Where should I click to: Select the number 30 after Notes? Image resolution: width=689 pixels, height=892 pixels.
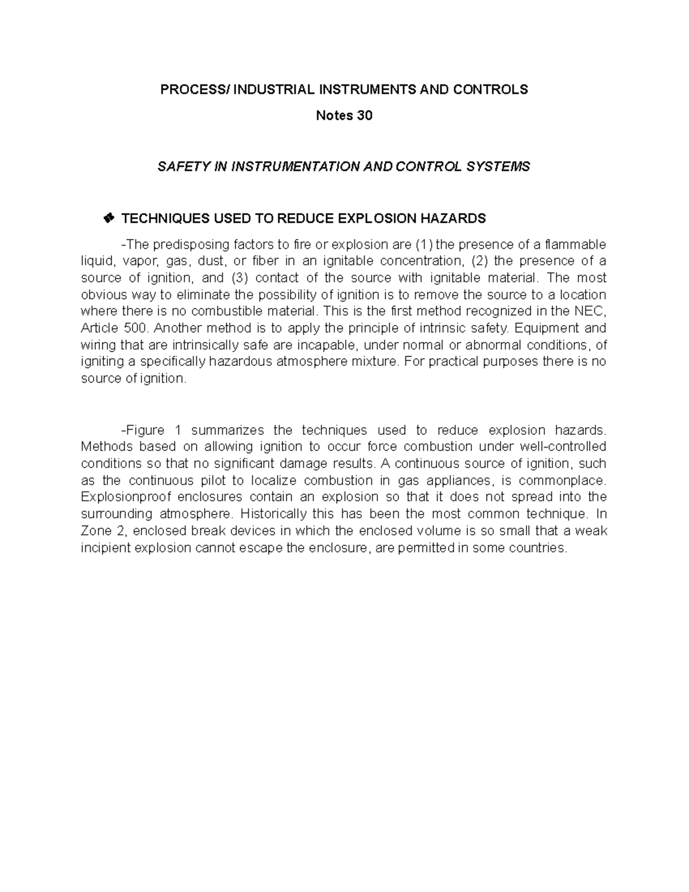(x=365, y=115)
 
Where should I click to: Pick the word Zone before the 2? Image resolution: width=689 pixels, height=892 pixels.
(x=96, y=531)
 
